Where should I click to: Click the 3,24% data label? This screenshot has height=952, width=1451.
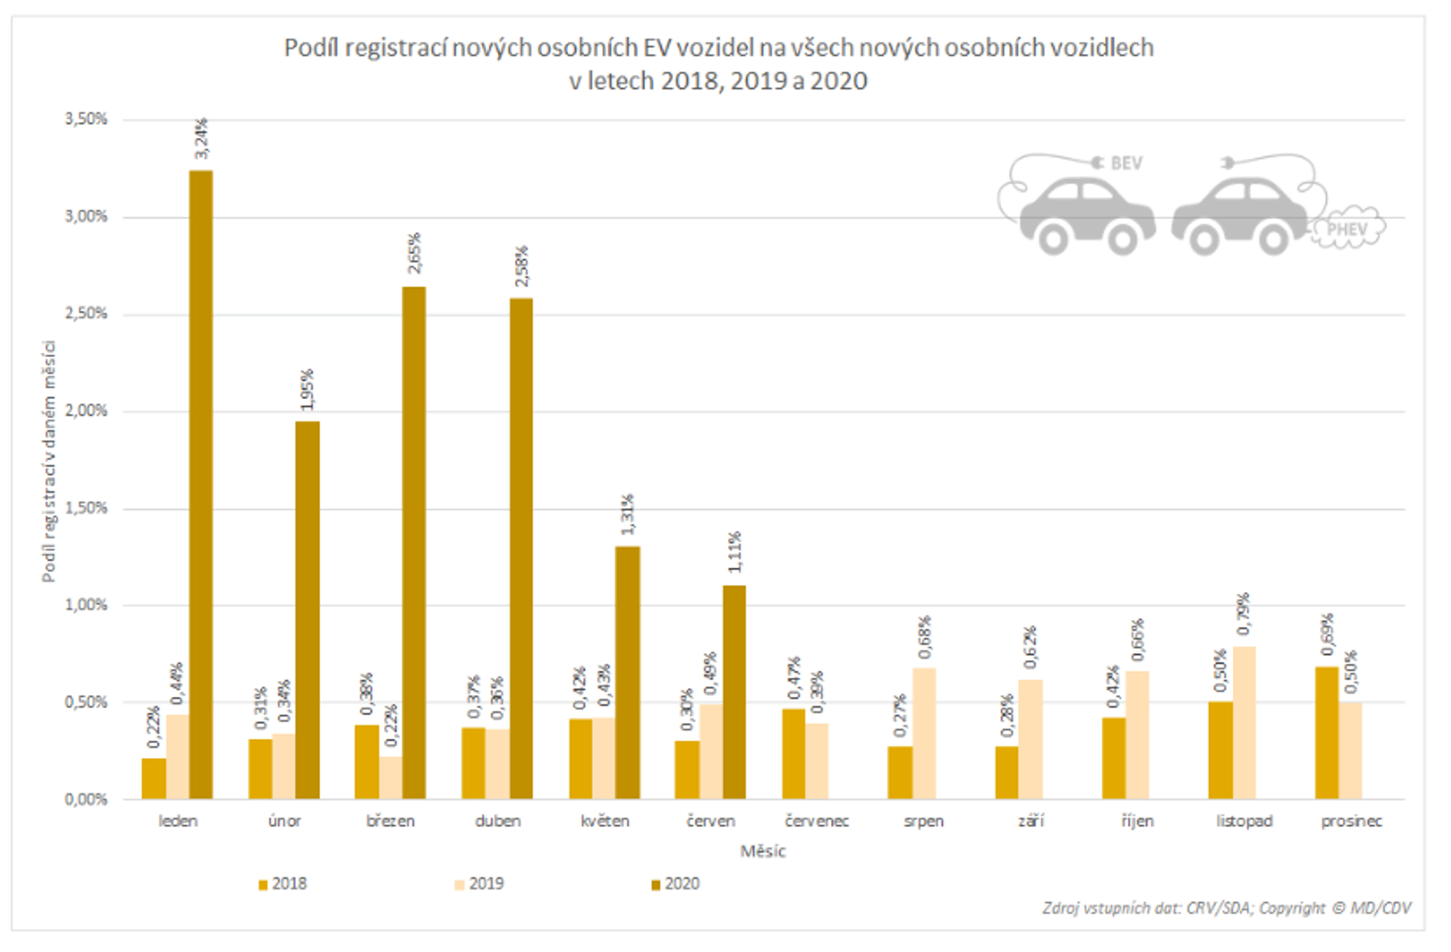point(201,139)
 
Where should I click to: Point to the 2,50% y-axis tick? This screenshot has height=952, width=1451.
point(86,315)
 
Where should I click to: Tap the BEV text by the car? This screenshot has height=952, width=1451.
point(1126,163)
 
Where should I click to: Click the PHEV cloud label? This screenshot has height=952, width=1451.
point(1348,230)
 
